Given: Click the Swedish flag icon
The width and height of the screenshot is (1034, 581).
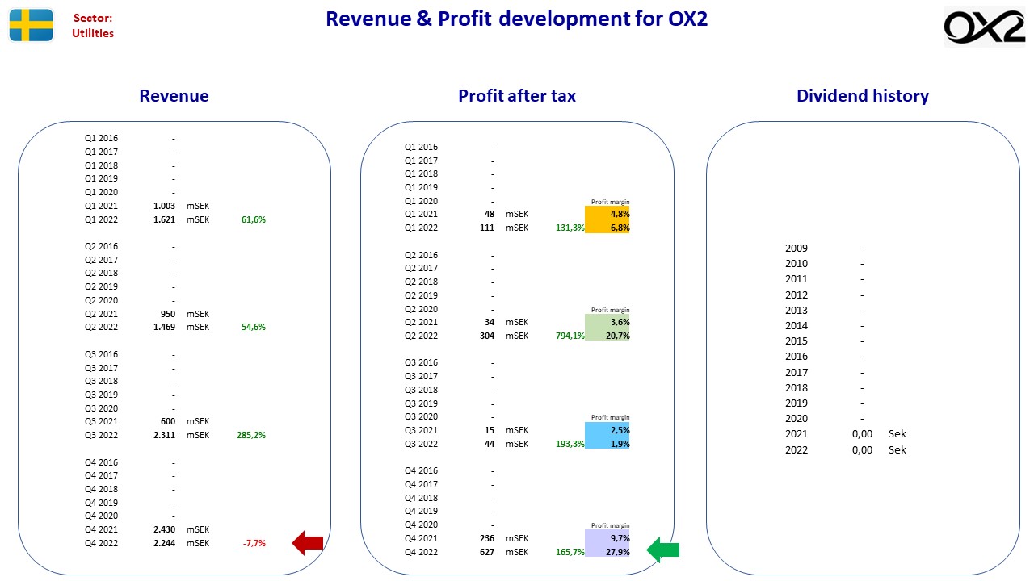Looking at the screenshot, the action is coord(31,25).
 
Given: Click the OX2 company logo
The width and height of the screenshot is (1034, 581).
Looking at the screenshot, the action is coord(984,27).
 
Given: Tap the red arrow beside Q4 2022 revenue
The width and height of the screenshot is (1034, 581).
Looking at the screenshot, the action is coord(308,543).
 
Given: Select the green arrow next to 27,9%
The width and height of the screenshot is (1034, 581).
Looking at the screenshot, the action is coord(663,550).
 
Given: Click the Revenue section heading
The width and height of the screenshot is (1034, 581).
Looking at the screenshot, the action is coord(174,96).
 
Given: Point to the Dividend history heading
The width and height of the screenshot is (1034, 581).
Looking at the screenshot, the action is coord(863,96).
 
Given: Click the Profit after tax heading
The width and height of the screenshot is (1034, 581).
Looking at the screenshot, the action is coord(517,96).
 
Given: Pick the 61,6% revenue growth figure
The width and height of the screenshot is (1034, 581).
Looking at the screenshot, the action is coord(254,219).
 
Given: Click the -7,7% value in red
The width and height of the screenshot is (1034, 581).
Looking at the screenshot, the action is coord(254,543).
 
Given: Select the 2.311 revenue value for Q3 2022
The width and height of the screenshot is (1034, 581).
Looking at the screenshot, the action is coord(164,435).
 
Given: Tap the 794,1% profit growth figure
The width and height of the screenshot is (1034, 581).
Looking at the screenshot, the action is coord(570,336).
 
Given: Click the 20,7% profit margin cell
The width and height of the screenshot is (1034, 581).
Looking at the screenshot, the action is coord(607,336).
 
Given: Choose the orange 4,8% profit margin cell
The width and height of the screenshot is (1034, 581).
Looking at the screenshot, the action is coord(607,214).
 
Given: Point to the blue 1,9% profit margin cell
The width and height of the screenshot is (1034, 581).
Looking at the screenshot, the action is coord(607,444).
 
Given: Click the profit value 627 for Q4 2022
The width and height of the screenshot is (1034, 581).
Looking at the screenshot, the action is coord(487,552).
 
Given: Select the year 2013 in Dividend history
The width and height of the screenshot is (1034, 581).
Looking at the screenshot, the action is coord(797,311).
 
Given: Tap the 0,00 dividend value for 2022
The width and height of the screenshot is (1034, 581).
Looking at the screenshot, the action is coord(862,449).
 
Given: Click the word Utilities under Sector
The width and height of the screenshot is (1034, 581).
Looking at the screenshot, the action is coord(93,33).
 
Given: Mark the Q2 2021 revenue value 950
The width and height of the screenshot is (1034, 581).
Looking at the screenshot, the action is coord(168,314).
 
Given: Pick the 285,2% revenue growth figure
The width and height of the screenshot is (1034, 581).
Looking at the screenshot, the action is coord(251,435).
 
